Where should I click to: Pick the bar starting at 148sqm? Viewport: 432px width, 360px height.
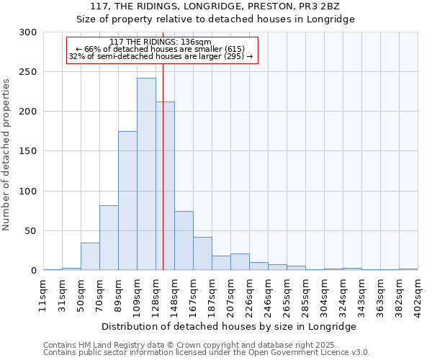[184, 240]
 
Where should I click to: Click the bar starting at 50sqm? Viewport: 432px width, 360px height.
[90, 256]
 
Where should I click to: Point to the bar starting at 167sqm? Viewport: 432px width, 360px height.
[202, 253]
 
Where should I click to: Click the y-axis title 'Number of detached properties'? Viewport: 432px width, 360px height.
[6, 155]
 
